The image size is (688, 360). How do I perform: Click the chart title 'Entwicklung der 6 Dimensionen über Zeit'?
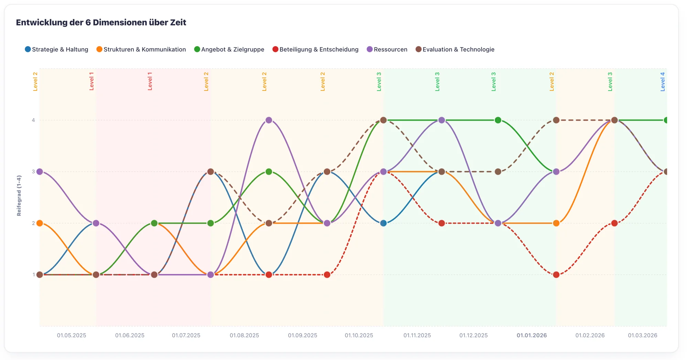(x=101, y=23)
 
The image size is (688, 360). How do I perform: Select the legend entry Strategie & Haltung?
(x=56, y=50)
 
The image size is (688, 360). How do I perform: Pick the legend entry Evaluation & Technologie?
(x=455, y=50)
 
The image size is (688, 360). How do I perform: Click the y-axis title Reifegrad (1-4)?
(x=19, y=195)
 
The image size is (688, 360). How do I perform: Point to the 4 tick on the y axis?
(x=33, y=120)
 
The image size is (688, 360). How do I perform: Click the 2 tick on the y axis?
(x=33, y=223)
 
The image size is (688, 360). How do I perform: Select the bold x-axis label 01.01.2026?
(x=531, y=335)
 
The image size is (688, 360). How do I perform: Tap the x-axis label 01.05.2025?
(x=72, y=335)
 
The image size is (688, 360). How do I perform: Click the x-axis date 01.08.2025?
(x=244, y=335)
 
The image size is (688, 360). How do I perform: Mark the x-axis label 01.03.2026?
(x=642, y=335)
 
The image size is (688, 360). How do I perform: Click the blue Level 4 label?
(x=663, y=82)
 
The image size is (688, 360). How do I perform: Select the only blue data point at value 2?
(x=384, y=223)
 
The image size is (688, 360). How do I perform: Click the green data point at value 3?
(x=269, y=172)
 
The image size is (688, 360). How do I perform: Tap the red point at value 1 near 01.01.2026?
(x=556, y=275)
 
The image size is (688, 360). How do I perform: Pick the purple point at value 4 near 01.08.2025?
(x=269, y=120)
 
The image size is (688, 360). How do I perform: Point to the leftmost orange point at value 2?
(x=40, y=223)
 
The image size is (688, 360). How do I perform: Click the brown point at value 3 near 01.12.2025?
(x=498, y=172)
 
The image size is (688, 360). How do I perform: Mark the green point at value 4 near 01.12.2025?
(x=498, y=120)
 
